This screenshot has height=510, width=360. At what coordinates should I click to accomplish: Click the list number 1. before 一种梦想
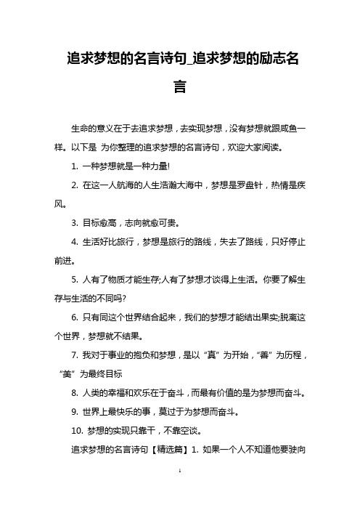pos(77,166)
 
